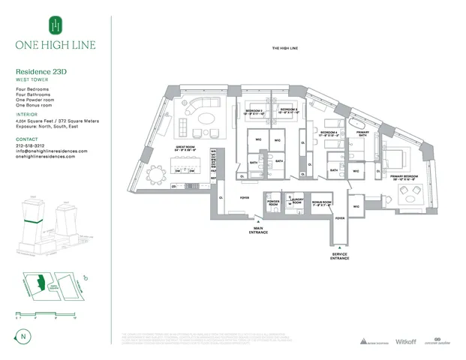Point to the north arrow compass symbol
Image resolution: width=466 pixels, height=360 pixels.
[x=26, y=334]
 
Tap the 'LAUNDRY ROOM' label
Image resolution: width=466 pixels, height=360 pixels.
[x=296, y=202]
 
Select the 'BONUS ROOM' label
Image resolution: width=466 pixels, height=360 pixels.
[x=323, y=202]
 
